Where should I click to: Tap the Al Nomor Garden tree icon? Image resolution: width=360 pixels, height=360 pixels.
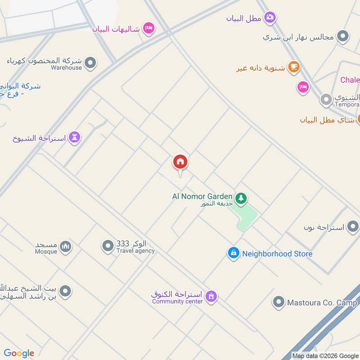pyautogui.click(x=241, y=198)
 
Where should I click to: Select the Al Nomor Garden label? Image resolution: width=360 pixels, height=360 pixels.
pyautogui.click(x=202, y=196)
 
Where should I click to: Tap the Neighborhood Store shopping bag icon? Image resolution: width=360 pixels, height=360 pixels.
pyautogui.click(x=233, y=253)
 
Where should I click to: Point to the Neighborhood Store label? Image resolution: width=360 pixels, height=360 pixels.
pyautogui.click(x=277, y=254)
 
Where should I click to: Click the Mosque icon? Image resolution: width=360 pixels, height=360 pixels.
pyautogui.click(x=66, y=246)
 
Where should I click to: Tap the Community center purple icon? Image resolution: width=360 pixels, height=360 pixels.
pyautogui.click(x=211, y=296)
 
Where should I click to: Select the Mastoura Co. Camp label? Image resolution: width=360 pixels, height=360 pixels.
pyautogui.click(x=322, y=303)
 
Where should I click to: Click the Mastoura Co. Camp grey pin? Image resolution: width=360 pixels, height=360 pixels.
pyautogui.click(x=279, y=302)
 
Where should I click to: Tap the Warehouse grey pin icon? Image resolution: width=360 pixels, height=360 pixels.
pyautogui.click(x=90, y=63)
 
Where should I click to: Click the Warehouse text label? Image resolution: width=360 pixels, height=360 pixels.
pyautogui.click(x=66, y=67)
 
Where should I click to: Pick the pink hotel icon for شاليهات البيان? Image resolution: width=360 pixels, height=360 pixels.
pyautogui.click(x=148, y=29)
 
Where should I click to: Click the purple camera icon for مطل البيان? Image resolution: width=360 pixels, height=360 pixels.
pyautogui.click(x=270, y=18)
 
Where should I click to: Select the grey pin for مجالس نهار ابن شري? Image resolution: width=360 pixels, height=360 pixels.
pyautogui.click(x=343, y=36)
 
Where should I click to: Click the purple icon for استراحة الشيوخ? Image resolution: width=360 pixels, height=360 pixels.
pyautogui.click(x=75, y=137)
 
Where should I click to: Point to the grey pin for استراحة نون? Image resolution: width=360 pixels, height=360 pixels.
pyautogui.click(x=352, y=227)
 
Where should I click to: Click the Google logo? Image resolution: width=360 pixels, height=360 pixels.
pyautogui.click(x=19, y=353)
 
